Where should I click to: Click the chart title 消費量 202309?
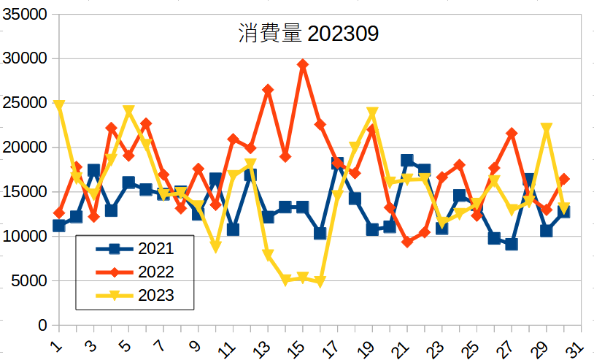click(308, 34)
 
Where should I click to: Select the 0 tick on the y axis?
click(42, 325)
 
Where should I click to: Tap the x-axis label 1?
click(55, 343)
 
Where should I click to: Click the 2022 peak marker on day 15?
click(303, 64)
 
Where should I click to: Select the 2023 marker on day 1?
click(59, 105)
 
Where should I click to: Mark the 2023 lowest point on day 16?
click(320, 281)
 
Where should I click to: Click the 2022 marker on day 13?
click(268, 90)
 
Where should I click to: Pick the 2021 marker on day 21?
click(407, 161)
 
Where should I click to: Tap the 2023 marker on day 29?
click(547, 129)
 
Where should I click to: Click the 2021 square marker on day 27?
click(512, 244)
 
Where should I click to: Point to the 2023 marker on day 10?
click(216, 247)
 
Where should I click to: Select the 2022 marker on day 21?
click(407, 242)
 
